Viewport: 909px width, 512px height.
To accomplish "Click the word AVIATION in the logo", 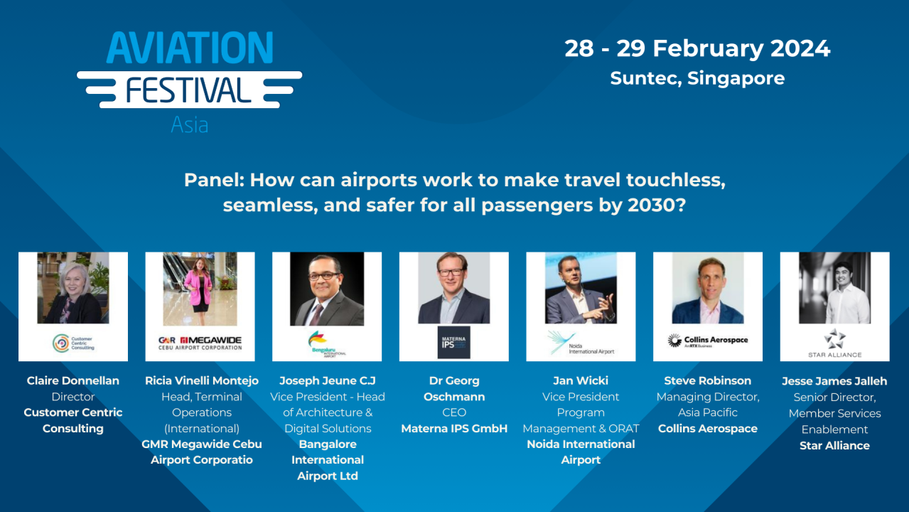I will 190,48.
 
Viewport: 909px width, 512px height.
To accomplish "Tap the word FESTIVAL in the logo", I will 189,90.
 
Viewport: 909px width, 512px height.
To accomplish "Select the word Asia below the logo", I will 190,125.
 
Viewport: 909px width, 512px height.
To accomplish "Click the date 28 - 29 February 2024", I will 697,48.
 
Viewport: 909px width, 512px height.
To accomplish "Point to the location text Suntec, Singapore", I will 697,78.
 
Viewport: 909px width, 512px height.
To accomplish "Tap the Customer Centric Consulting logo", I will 73,343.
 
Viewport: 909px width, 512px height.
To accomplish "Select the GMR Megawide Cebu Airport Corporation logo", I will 200,343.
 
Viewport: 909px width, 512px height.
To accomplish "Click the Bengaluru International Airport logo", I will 327,343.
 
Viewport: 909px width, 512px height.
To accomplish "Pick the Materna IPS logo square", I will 453,342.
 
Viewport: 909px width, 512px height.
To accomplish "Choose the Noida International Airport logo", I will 581,343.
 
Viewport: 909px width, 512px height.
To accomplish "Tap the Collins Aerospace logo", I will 708,341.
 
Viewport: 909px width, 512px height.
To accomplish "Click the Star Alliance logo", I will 834,342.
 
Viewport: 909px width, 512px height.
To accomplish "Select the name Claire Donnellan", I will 73,380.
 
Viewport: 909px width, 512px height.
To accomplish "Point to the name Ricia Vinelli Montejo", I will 202,380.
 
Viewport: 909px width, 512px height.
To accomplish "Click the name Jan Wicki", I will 581,380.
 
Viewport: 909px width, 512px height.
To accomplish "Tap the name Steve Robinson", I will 707,380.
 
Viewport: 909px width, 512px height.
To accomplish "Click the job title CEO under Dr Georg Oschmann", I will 453,412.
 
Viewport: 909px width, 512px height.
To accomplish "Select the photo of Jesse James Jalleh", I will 834,288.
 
